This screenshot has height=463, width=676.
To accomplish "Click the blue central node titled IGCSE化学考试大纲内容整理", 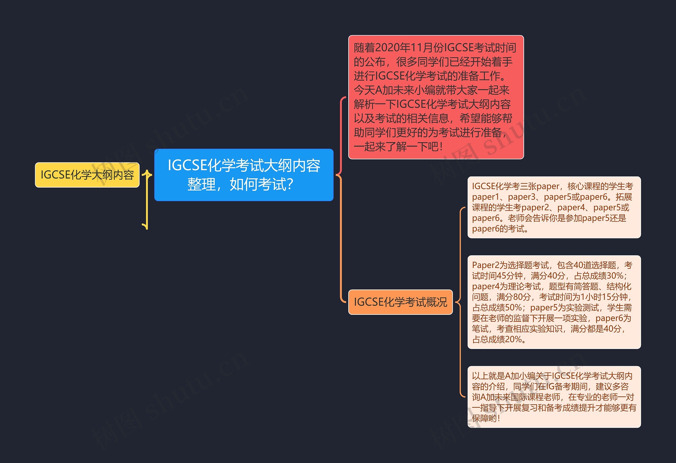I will (244, 175).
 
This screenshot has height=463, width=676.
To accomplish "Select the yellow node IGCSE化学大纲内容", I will (87, 175).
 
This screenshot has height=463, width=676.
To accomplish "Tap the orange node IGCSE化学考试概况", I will (400, 302).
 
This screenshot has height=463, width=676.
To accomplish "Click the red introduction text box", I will (436, 97).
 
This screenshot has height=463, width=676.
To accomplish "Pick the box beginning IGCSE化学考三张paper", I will (554, 207).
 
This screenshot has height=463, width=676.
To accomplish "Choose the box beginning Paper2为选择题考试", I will (554, 302).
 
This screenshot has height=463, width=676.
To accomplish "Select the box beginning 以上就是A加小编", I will (554, 397).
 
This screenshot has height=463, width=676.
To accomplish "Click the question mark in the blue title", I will (290, 184).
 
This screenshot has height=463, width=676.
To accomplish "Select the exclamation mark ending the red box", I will (441, 147).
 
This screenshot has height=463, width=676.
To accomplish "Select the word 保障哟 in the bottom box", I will (484, 418).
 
